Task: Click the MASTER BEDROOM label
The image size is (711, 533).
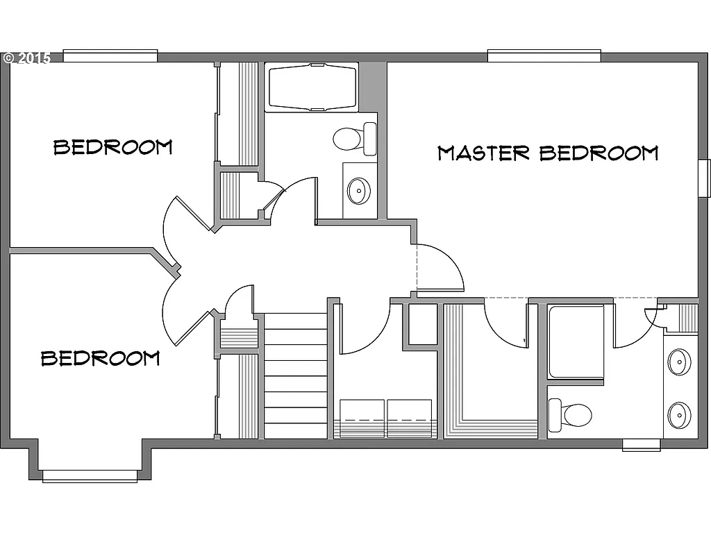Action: pyautogui.click(x=547, y=153)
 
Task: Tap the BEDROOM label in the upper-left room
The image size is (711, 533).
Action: pyautogui.click(x=113, y=147)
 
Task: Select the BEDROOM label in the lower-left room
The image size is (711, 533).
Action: pyautogui.click(x=101, y=358)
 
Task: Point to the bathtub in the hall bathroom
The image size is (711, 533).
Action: pyautogui.click(x=311, y=87)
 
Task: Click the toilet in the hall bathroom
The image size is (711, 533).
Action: pyautogui.click(x=354, y=137)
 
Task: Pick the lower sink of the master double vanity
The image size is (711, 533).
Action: pyautogui.click(x=679, y=415)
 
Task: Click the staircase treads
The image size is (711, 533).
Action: pyautogui.click(x=296, y=375)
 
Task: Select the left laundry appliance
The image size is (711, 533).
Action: pyautogui.click(x=362, y=418)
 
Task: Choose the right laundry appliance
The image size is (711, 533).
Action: pyautogui.click(x=410, y=418)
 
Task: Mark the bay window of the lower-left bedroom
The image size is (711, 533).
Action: pyautogui.click(x=90, y=475)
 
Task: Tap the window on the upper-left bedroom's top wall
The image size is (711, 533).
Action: pyautogui.click(x=110, y=56)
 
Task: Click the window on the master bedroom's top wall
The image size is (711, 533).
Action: pyautogui.click(x=544, y=56)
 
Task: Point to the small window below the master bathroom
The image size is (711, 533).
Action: pyautogui.click(x=640, y=445)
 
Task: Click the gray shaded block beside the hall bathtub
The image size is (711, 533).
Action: pyautogui.click(x=372, y=86)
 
